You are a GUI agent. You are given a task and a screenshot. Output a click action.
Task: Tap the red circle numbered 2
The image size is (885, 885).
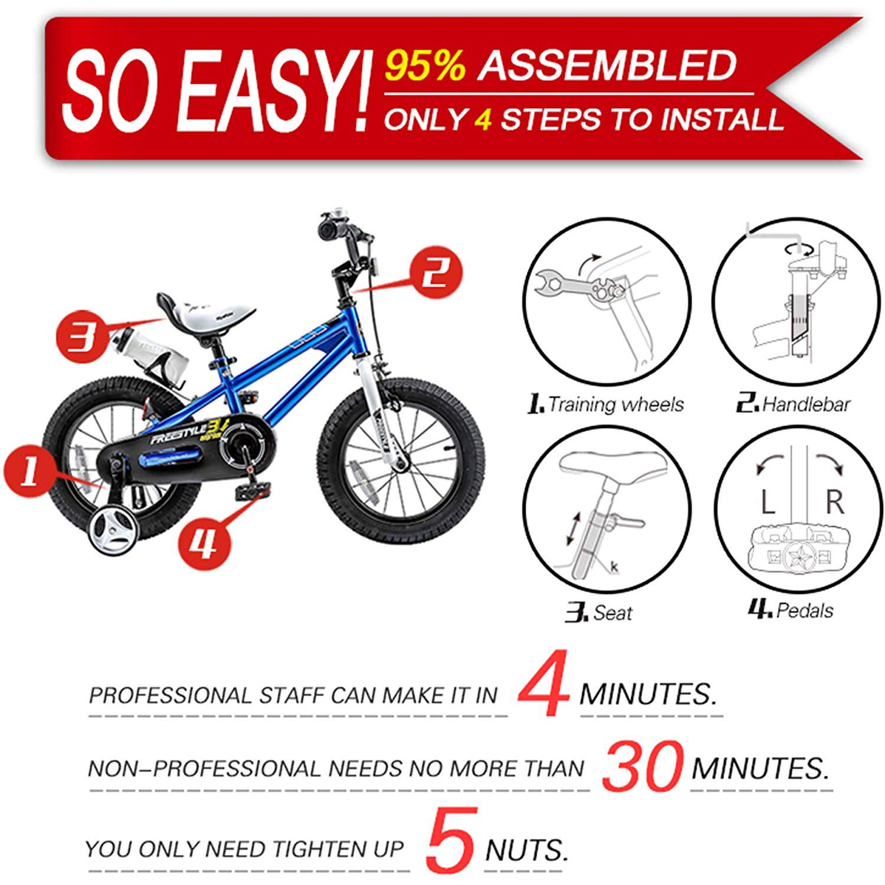437,273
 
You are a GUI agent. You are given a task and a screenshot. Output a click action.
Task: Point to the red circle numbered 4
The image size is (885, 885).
204,543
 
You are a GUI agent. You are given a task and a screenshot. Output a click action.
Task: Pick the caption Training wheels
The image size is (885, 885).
615,404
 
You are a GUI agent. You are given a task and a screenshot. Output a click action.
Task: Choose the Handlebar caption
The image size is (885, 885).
806,404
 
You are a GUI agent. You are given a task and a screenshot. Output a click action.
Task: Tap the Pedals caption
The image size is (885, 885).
805,610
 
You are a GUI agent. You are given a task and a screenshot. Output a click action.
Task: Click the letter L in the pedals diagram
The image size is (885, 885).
767,503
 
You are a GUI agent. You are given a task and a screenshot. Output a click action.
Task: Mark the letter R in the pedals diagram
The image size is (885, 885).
834,502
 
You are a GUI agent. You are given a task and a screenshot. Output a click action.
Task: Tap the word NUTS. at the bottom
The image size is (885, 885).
526,850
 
